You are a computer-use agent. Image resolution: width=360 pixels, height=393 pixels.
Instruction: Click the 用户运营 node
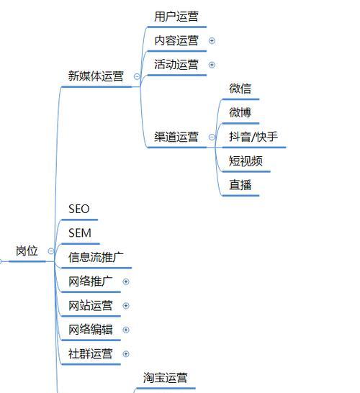176,17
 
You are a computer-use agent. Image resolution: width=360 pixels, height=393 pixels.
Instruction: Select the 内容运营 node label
176,40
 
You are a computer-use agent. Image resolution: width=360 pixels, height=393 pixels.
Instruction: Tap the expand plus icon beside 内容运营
212,40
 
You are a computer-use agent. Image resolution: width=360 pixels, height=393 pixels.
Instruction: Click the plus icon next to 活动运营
212,65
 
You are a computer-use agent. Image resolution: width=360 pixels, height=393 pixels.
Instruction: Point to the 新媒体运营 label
96,76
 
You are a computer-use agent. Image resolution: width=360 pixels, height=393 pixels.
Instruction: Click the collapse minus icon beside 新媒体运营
137,76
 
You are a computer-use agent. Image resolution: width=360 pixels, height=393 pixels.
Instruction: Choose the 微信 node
240,89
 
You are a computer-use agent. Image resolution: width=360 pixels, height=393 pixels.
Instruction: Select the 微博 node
240,112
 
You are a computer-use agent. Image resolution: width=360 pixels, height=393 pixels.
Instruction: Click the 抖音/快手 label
253,137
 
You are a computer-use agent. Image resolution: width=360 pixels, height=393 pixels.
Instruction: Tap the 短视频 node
246,161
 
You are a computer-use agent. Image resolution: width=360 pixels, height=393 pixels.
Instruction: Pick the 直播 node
240,185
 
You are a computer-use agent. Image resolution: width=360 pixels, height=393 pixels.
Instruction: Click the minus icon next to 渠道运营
212,137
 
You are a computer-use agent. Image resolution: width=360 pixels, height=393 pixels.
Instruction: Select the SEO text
79,209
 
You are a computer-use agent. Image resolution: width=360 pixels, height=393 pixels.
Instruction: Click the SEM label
80,233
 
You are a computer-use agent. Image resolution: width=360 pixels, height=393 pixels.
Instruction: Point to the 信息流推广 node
96,257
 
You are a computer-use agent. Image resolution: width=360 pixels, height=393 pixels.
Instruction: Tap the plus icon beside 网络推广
126,281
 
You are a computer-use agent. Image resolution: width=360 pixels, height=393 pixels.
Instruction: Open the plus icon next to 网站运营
126,306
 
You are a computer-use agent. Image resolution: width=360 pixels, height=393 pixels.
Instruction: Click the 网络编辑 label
90,330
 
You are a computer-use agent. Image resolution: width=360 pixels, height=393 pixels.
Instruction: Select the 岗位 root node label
27,251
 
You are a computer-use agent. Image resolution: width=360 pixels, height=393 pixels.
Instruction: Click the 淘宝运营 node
165,377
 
